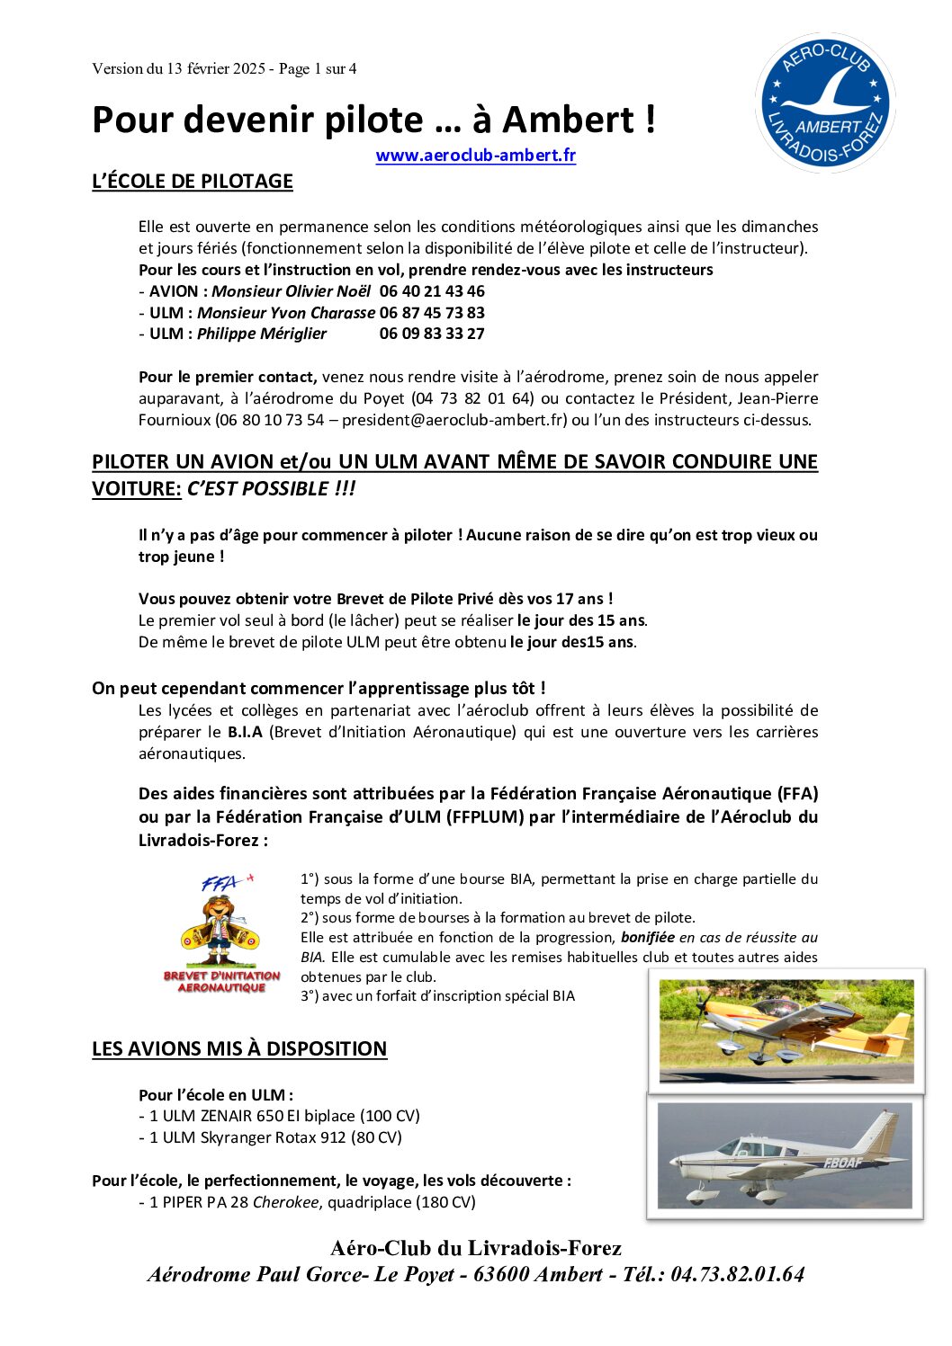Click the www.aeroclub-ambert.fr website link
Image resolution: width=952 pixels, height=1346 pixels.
click(475, 155)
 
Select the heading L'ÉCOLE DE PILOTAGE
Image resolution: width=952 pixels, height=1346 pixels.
click(193, 181)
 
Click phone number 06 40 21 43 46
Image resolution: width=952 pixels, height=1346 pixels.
click(432, 291)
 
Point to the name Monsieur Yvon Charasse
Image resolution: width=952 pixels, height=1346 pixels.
click(285, 313)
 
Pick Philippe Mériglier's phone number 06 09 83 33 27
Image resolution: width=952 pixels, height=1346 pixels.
click(432, 334)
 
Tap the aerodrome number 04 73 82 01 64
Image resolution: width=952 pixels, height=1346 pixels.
click(472, 398)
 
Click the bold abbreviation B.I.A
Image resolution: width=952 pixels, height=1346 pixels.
click(245, 732)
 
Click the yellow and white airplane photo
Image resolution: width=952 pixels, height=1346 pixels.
click(786, 1030)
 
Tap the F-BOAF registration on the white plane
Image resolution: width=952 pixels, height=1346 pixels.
click(841, 1163)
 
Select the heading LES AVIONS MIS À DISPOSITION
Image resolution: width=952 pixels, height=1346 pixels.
click(239, 1048)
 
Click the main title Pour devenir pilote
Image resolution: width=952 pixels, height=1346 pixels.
click(373, 120)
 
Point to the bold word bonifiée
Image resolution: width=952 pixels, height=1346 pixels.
click(647, 938)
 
